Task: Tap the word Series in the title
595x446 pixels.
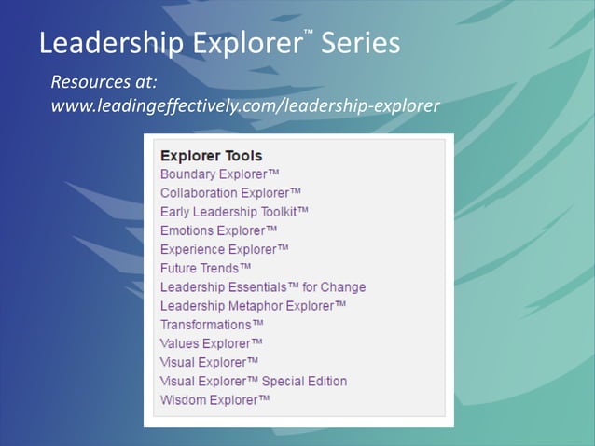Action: [x=360, y=43]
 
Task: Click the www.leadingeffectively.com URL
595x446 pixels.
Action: [x=244, y=105]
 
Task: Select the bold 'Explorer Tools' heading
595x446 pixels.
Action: [x=211, y=156]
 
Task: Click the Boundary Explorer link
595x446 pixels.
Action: [x=220, y=174]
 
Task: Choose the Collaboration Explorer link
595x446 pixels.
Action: [x=230, y=193]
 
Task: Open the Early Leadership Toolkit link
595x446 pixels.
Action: [x=234, y=212]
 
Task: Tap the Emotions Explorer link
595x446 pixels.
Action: [x=219, y=230]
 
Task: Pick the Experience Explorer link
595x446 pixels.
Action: [x=225, y=249]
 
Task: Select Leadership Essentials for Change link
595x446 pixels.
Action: [x=263, y=287]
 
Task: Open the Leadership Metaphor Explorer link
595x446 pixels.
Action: [x=254, y=306]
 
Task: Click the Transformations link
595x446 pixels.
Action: [x=212, y=325]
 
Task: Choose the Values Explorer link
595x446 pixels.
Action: [x=212, y=343]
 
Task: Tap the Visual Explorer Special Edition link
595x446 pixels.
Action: [x=254, y=381]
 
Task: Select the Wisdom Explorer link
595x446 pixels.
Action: [x=215, y=399]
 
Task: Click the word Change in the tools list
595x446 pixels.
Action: [x=343, y=287]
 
